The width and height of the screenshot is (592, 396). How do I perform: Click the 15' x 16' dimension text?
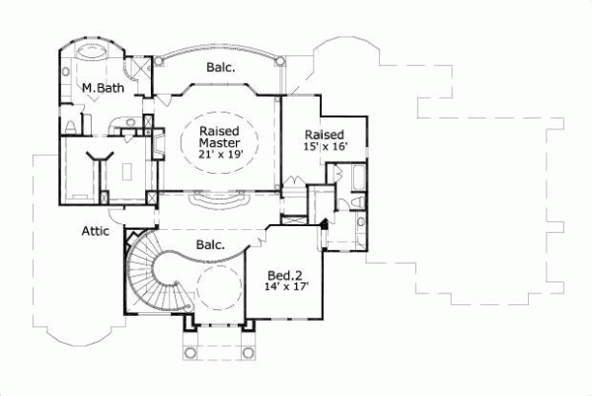(324, 147)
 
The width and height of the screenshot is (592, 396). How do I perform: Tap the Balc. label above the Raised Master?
(220, 68)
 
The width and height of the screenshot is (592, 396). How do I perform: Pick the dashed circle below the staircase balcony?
(216, 288)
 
